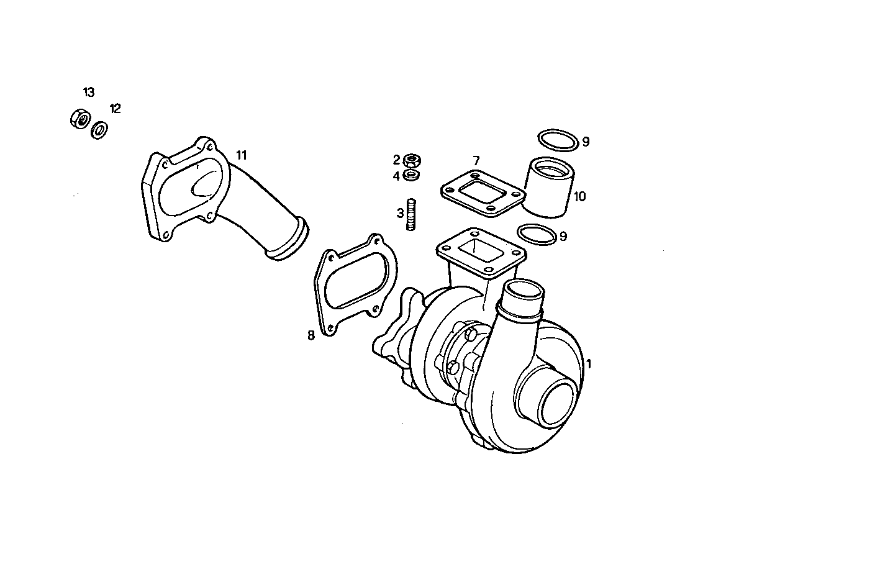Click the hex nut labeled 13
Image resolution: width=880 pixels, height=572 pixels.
click(x=80, y=119)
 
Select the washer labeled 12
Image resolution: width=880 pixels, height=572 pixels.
click(x=99, y=130)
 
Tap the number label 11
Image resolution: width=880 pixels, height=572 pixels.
click(x=241, y=154)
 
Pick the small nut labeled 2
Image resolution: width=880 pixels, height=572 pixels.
click(x=411, y=161)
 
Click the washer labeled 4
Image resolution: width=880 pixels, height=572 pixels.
click(x=411, y=175)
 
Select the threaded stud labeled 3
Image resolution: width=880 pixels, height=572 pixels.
click(x=411, y=214)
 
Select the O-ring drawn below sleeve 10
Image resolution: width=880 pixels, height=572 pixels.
click(x=536, y=235)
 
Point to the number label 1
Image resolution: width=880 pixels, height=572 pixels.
click(x=588, y=364)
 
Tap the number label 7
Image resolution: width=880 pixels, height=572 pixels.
click(x=476, y=161)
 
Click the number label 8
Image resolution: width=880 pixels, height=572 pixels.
click(x=311, y=335)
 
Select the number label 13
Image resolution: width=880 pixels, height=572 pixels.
click(x=89, y=93)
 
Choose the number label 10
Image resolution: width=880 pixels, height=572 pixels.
click(x=579, y=197)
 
